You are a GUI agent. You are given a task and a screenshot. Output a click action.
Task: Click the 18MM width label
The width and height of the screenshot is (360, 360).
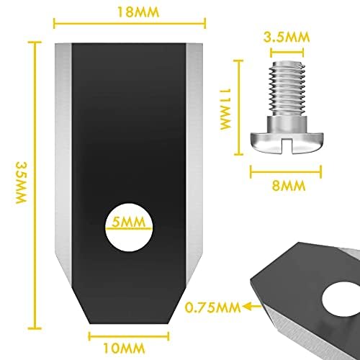pos(138,12)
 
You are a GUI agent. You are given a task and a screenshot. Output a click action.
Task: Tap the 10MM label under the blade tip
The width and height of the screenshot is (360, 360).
pos(124,348)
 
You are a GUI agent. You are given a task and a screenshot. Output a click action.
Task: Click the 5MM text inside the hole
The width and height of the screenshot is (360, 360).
pos(129,222)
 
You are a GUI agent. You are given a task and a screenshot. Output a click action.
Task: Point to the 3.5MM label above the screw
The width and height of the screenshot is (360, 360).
pos(287,37)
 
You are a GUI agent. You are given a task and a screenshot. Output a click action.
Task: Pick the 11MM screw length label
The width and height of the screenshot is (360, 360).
pos(225,109)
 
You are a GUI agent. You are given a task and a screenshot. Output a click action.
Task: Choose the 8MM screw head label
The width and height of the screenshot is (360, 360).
pos(289,185)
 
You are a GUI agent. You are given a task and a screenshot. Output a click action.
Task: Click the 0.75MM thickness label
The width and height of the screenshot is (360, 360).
pos(212,307)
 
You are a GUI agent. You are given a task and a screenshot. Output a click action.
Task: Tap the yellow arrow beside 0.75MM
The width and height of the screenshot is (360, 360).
pos(252,306)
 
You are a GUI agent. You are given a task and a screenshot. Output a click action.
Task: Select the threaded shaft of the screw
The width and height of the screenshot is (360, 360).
pos(287,89)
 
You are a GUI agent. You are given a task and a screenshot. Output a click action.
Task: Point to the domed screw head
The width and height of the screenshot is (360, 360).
pos(287,142)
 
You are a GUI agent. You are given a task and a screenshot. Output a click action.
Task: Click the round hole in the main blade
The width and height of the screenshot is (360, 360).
pos(129,227)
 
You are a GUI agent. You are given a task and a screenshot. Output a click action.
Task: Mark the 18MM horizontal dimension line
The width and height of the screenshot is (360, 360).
pos(130,24)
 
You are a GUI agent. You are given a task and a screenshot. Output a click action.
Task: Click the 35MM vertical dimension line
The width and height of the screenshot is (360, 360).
pos(35,185)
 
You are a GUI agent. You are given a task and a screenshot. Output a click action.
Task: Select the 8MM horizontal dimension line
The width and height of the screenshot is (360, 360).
pos(286,171)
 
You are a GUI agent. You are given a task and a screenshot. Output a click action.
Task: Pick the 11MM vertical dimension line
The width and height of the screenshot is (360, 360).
pos(238,107)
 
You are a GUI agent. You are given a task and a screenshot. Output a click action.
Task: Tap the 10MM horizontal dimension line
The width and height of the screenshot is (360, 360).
pos(129,336)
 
